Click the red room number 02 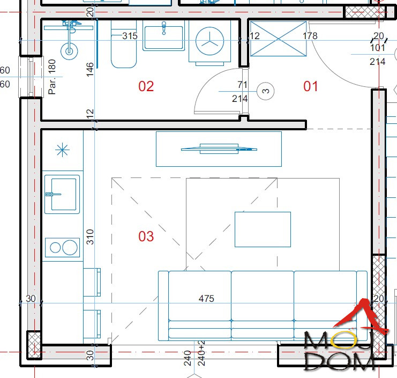tap(146, 86)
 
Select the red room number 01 tap(310, 86)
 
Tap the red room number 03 tap(146, 236)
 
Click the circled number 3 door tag tap(265, 91)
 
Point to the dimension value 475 tap(206, 299)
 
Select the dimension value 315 tap(130, 36)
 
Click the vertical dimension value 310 tap(90, 237)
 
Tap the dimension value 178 tap(310, 36)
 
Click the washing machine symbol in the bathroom tap(210, 42)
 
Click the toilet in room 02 tap(124, 45)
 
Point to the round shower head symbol tap(69, 51)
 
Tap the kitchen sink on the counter tap(62, 194)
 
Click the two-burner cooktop tap(62, 247)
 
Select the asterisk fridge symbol tap(62, 150)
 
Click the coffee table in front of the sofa tap(263, 229)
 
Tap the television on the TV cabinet tap(219, 149)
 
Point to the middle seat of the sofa tap(263, 305)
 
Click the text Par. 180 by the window tap(52, 77)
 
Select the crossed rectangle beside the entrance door tap(278, 39)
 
